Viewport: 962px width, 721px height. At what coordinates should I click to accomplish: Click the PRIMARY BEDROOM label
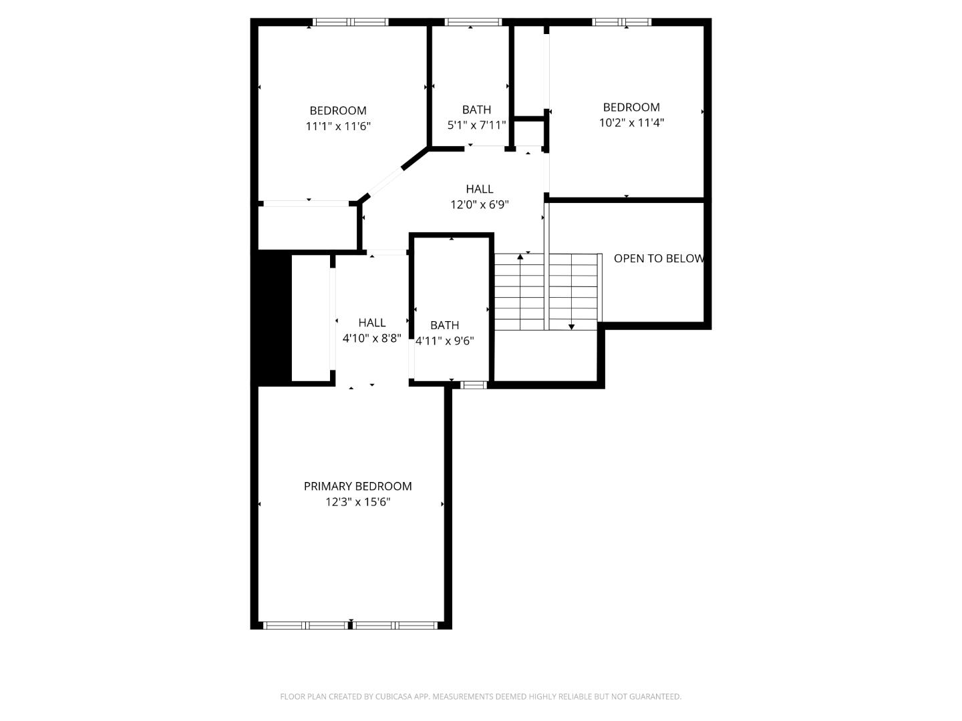[357, 486]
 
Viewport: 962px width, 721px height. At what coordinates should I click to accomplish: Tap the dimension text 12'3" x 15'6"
[357, 502]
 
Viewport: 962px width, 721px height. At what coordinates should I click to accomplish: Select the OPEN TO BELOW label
[658, 258]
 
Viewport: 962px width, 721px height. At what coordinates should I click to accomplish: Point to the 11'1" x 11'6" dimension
[338, 126]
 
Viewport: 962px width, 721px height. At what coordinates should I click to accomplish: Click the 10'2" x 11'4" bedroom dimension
[631, 123]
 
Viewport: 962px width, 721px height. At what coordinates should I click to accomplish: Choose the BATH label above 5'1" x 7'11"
[476, 109]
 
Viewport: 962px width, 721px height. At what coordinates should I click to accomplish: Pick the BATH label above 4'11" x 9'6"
[444, 325]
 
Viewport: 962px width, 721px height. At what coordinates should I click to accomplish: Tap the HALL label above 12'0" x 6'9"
[480, 189]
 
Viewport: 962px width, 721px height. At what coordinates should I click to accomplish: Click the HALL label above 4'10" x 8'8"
[371, 322]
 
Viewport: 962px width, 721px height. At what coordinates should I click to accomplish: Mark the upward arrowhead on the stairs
[520, 256]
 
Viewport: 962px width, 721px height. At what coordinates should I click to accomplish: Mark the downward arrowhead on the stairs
[571, 326]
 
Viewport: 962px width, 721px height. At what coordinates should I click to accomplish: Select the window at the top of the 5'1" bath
[473, 22]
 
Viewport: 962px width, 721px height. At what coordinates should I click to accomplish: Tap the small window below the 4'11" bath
[474, 385]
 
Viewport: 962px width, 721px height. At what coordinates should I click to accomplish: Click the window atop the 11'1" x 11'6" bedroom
[351, 22]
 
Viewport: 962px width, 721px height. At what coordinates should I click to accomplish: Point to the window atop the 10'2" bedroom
[621, 22]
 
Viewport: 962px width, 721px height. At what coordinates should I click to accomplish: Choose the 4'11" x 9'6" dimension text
[445, 341]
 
